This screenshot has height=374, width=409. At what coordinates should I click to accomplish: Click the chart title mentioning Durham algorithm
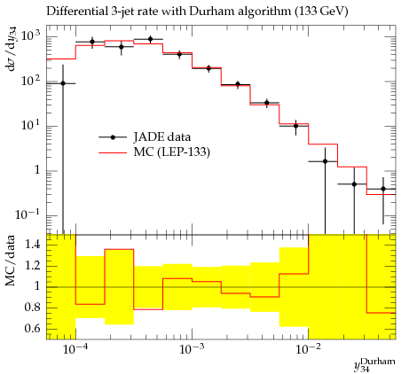[x=197, y=12]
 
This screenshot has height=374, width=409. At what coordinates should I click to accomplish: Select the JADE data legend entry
[x=145, y=137]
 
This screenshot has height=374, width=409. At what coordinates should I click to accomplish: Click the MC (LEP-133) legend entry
[x=154, y=152]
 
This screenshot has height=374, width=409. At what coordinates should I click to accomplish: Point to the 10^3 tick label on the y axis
[x=30, y=36]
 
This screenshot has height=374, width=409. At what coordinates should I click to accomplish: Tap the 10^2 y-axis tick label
[x=30, y=81]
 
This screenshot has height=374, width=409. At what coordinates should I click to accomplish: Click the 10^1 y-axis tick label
[x=30, y=126]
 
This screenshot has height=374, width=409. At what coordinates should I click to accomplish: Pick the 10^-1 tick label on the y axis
[x=28, y=214]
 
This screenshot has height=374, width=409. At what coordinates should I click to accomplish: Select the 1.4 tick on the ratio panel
[x=32, y=245]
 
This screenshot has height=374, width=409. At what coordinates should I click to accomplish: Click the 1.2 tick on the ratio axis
[x=32, y=266]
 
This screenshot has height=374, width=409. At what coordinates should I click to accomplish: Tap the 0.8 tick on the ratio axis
[x=32, y=308]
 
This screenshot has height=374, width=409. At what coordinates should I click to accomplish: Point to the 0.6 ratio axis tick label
[x=32, y=329]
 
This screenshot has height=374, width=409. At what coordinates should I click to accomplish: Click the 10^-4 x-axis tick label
[x=76, y=349]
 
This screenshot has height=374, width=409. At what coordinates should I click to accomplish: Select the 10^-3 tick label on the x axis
[x=193, y=349]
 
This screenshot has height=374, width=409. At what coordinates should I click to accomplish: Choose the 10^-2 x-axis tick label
[x=309, y=349]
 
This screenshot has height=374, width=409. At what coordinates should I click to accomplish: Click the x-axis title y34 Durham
[x=375, y=364]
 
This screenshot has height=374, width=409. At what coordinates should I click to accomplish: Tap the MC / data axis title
[x=11, y=261]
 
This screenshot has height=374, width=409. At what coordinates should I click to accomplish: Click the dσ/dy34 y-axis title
[x=11, y=49]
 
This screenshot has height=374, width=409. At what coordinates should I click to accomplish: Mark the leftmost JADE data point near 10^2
[x=63, y=83]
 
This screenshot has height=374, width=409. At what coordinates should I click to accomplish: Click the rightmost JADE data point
[x=383, y=189]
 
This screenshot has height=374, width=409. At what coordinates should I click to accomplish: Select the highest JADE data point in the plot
[x=150, y=39]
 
